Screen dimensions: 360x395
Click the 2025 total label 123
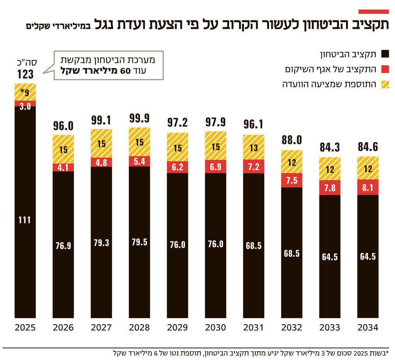click(25, 74)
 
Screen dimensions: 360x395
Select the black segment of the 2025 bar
click(25, 212)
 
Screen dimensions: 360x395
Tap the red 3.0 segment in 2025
click(25, 103)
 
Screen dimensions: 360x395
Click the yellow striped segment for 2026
click(63, 149)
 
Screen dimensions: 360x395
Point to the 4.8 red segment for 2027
click(101, 162)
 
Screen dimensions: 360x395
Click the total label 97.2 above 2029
click(177, 123)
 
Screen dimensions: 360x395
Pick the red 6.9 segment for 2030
click(216, 167)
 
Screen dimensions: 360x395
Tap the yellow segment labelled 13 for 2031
click(253, 147)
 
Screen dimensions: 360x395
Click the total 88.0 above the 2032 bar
click(292, 140)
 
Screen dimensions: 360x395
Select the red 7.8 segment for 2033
click(330, 187)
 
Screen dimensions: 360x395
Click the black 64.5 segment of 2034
click(368, 256)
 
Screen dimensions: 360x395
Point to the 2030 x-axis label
click(216, 328)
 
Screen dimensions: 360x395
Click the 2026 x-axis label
click(63, 328)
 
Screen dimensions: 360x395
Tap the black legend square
click(385, 54)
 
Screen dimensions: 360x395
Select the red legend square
click(385, 69)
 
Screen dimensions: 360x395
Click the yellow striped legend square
click(385, 84)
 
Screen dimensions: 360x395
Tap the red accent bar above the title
click(373, 12)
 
